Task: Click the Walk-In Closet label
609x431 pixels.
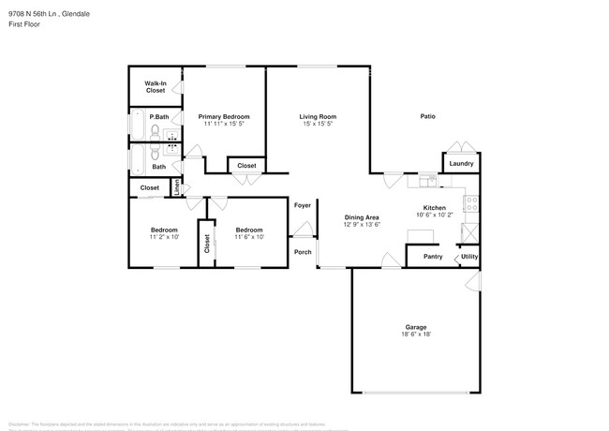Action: point(155,87)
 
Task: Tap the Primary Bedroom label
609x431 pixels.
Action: point(223,116)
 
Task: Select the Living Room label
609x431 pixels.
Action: point(317,116)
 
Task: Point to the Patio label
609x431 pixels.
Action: point(427,116)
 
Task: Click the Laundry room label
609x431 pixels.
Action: point(461,164)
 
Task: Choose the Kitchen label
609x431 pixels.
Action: point(434,207)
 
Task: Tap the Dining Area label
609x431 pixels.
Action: point(361,217)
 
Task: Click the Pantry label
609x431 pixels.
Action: point(432,256)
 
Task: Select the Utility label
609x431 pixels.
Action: point(469,256)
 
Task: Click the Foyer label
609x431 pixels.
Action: point(303,205)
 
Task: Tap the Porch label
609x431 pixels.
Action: point(303,252)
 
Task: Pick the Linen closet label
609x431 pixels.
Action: point(177,187)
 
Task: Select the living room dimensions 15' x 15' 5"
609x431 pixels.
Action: point(317,123)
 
